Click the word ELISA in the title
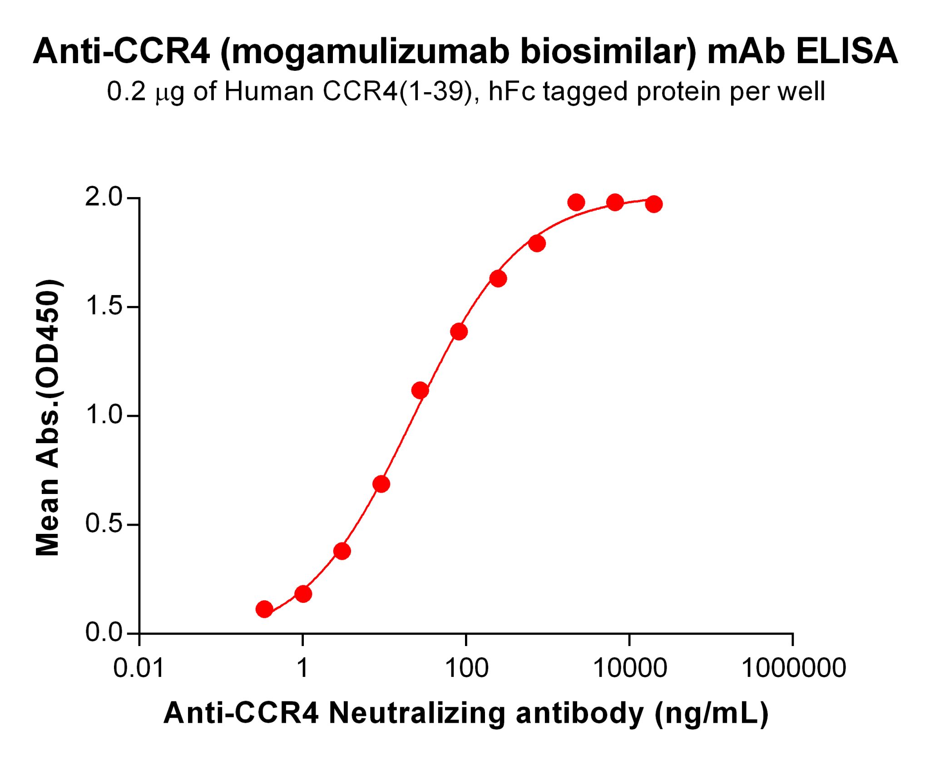click(x=846, y=51)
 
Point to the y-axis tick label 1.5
click(x=104, y=306)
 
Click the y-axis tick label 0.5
click(x=104, y=524)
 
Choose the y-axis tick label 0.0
click(x=104, y=632)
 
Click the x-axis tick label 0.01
click(x=139, y=668)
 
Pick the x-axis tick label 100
click(x=466, y=668)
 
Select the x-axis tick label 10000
click(x=630, y=668)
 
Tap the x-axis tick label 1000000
click(x=793, y=668)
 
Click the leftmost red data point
click(x=264, y=609)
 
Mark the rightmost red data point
click(x=654, y=204)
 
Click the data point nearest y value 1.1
click(x=420, y=390)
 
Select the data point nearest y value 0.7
click(x=381, y=484)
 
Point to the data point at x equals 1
click(x=303, y=594)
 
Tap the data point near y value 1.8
click(x=537, y=244)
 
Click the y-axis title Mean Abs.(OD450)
click(x=47, y=418)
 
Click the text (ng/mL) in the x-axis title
click(x=711, y=713)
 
